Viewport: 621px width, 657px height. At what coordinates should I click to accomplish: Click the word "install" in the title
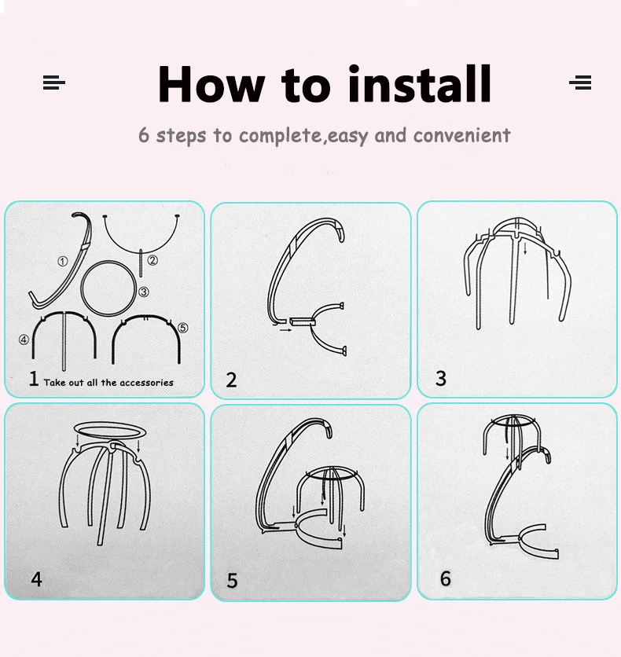(x=420, y=84)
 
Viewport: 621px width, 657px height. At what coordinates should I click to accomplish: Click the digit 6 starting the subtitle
(x=144, y=135)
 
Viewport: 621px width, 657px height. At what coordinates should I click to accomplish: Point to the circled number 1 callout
(x=62, y=262)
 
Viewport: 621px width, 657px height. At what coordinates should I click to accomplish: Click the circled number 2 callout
(x=152, y=260)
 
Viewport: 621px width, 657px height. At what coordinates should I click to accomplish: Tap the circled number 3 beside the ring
(x=144, y=292)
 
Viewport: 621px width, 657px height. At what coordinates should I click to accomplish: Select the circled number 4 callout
(x=24, y=340)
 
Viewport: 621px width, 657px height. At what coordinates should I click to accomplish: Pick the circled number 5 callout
(x=182, y=328)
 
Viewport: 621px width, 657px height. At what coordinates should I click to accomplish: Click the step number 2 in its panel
(x=231, y=380)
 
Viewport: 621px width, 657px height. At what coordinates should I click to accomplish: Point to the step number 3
(x=440, y=378)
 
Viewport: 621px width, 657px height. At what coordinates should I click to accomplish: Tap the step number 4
(x=36, y=579)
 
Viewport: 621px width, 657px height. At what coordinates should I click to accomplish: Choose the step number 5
(x=232, y=581)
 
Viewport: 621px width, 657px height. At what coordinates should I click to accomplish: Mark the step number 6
(x=446, y=578)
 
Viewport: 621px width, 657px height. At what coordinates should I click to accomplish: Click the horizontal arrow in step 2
(x=286, y=330)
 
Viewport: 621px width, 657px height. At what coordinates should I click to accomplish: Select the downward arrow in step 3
(x=525, y=248)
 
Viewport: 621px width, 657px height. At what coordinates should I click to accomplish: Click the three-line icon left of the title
(x=54, y=82)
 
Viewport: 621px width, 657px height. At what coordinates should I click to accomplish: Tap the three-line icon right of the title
(x=580, y=82)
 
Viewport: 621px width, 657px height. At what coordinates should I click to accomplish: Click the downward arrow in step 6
(x=508, y=453)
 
